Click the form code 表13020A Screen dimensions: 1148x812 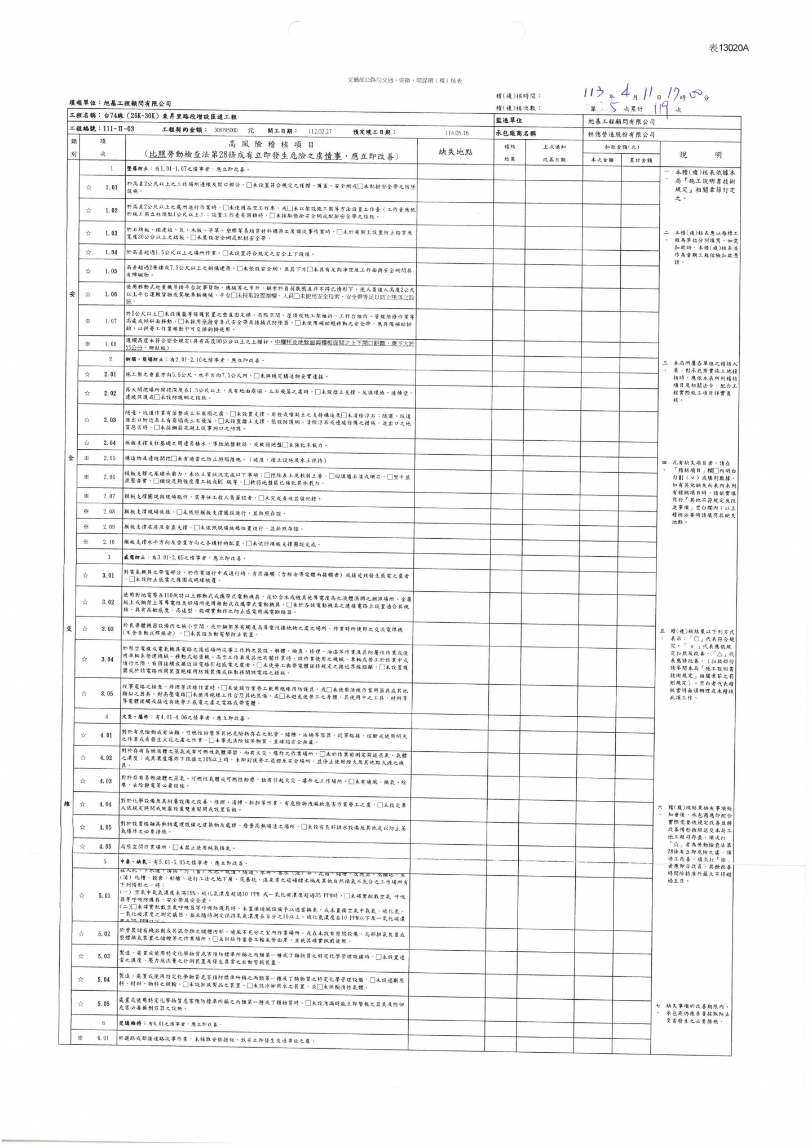coord(728,48)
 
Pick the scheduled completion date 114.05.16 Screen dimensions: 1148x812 coord(457,134)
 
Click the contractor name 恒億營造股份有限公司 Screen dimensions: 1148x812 coord(621,135)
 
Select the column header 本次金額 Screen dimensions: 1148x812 coord(602,160)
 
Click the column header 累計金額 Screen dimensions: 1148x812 coord(637,160)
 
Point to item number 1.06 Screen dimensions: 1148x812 coord(111,294)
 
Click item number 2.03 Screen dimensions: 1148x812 coord(110,420)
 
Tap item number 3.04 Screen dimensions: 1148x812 coord(108,659)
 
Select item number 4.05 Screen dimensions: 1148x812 coord(105,827)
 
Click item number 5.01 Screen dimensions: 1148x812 coord(104,896)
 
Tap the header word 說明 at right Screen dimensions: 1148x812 coord(700,156)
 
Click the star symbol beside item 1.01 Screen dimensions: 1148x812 coord(88,187)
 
